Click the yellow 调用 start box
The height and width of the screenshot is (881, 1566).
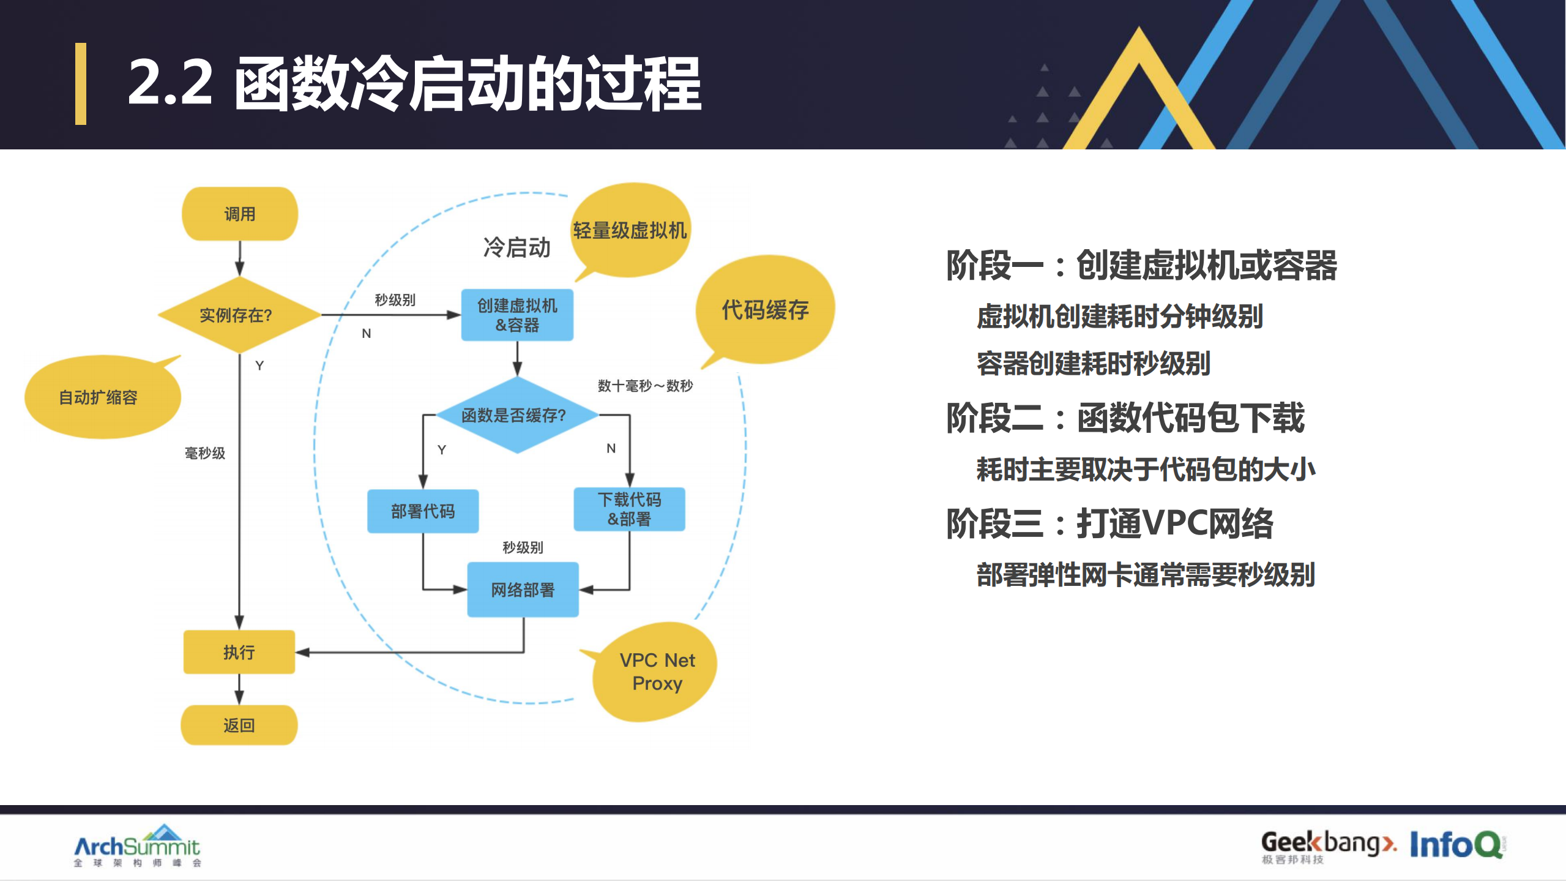pos(239,214)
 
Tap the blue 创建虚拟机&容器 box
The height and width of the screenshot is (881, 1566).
pos(517,315)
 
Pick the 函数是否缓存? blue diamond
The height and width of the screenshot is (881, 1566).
pos(516,415)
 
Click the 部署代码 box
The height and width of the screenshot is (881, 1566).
pos(422,511)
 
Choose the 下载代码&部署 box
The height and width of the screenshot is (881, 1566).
pos(629,509)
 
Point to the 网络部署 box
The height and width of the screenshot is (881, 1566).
pos(523,589)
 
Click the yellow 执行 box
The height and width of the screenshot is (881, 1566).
pos(239,652)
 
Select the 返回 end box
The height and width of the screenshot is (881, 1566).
pos(239,725)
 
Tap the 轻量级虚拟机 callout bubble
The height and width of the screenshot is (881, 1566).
pos(630,230)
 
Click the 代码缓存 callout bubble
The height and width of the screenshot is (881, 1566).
pos(765,310)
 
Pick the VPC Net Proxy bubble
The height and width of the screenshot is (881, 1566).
pos(657,672)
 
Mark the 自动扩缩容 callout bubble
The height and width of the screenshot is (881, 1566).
pos(99,397)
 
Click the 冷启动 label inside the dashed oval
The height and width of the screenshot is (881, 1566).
pos(516,247)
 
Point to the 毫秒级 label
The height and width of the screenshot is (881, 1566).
pos(205,453)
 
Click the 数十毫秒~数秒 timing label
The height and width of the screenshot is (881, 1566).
pos(645,386)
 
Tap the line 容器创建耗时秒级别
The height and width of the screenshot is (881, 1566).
pos(1093,363)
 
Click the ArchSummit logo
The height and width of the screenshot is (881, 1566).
pos(137,846)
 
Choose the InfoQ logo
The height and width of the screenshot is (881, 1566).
pos(1457,844)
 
